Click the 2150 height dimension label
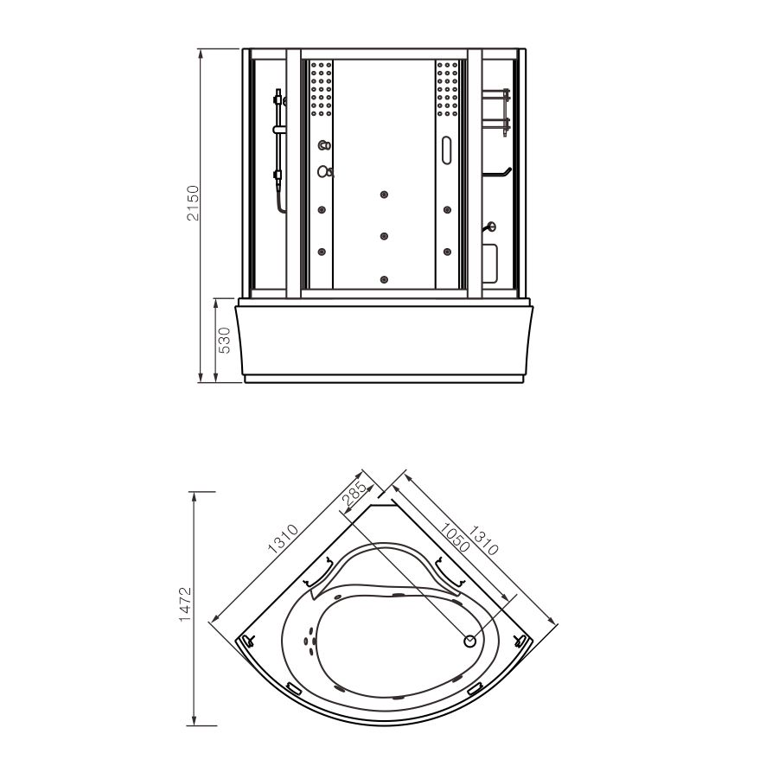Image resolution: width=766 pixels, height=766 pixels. tap(194, 202)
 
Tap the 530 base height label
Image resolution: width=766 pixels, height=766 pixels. tap(223, 340)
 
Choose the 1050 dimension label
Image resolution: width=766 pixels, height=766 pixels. tap(454, 538)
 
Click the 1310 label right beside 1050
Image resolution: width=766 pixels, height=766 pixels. tap(483, 540)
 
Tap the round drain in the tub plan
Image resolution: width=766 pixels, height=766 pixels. tap(470, 641)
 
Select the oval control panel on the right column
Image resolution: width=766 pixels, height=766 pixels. tap(446, 150)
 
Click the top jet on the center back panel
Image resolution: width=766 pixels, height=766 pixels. tap(384, 195)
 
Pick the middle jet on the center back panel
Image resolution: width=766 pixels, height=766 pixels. tap(384, 236)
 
